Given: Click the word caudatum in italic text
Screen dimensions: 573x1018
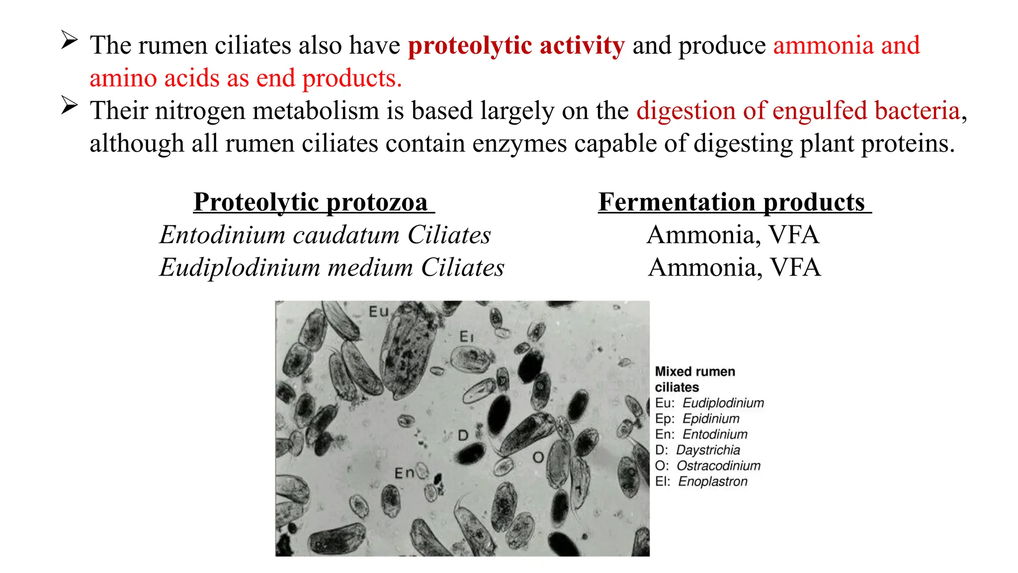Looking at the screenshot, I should click(x=346, y=235).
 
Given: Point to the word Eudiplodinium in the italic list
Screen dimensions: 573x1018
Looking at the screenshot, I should click(x=240, y=268).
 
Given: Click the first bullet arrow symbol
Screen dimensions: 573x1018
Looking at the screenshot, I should click(x=69, y=40).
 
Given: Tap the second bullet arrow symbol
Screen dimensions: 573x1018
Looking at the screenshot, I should click(x=69, y=105).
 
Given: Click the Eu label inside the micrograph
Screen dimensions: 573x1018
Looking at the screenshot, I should click(x=378, y=312).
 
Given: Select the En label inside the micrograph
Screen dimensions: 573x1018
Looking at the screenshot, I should click(x=404, y=473).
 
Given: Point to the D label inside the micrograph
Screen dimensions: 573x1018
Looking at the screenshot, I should click(x=463, y=436).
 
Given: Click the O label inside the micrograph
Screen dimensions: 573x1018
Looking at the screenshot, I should click(x=538, y=457).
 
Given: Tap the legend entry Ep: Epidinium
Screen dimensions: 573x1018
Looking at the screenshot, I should click(x=697, y=419).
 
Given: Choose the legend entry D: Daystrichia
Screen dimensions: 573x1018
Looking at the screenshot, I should click(x=697, y=450).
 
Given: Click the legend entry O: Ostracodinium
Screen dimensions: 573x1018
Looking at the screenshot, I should click(x=707, y=466).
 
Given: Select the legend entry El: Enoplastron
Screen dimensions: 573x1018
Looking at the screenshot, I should click(x=701, y=481).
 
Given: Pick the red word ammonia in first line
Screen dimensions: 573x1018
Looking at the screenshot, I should click(x=823, y=46).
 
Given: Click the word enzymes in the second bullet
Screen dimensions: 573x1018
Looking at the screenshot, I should click(x=519, y=144).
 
